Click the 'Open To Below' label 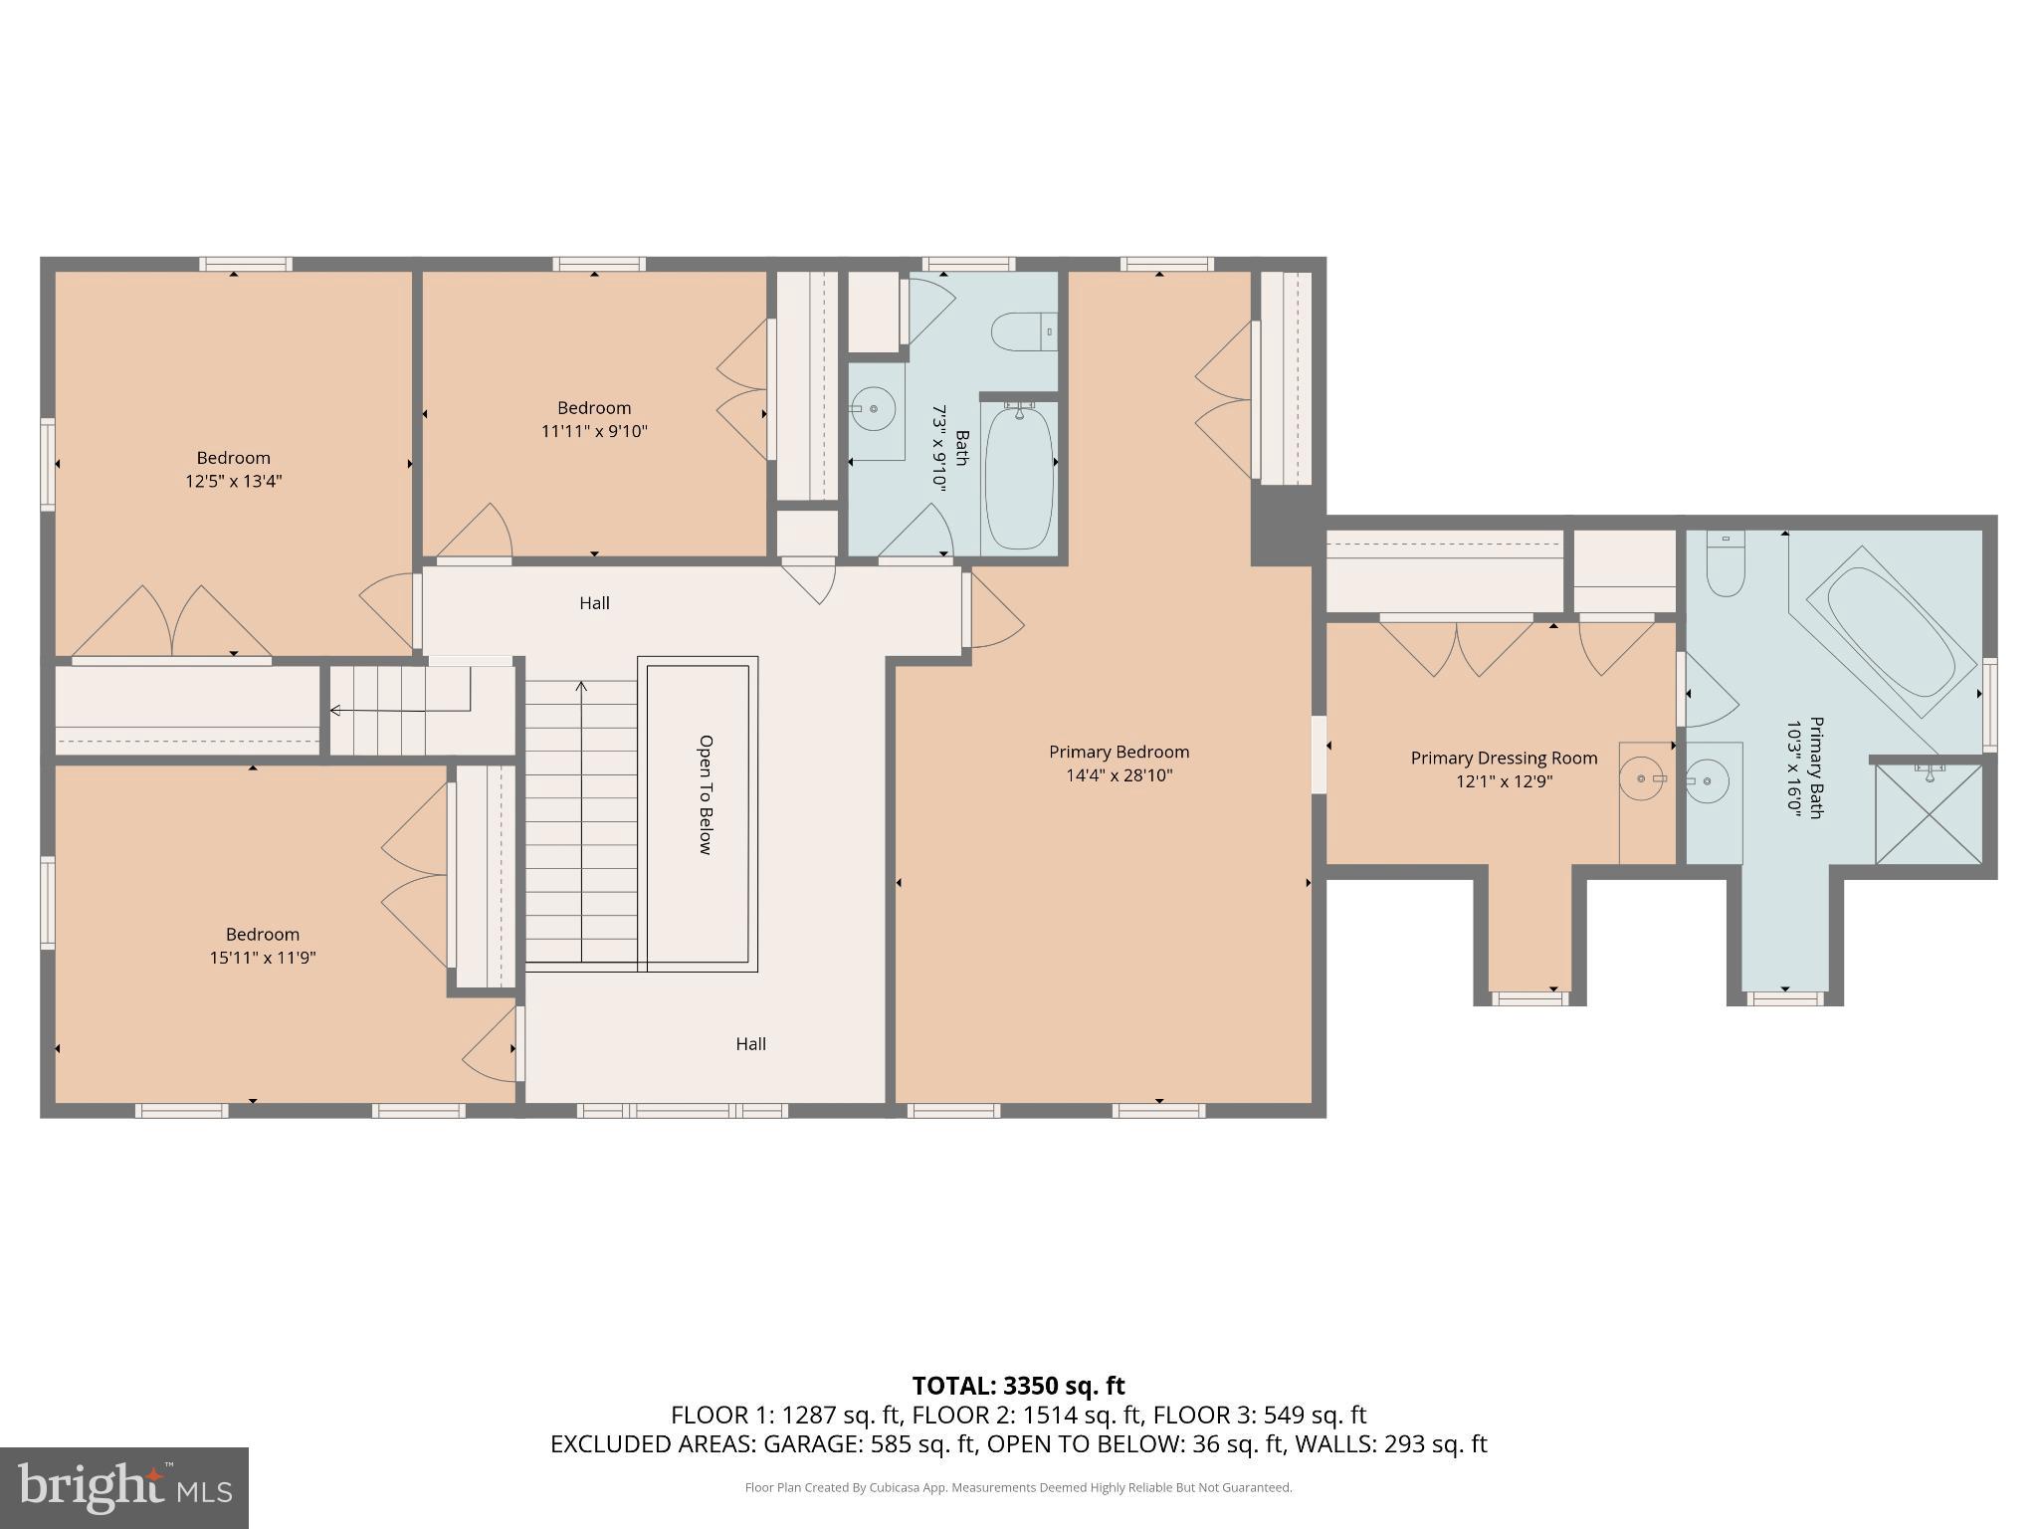click(706, 794)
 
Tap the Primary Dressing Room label click(1504, 758)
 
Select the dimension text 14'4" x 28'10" click(1119, 775)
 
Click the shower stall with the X click(1929, 813)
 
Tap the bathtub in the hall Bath click(1019, 476)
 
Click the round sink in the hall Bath click(873, 408)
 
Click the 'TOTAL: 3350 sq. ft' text click(1018, 1386)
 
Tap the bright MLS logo click(124, 1487)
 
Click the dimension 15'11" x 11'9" click(263, 958)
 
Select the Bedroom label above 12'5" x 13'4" click(233, 458)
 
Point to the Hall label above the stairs click(594, 603)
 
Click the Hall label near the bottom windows click(750, 1043)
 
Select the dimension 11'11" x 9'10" click(594, 431)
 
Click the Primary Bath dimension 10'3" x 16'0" click(1794, 768)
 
